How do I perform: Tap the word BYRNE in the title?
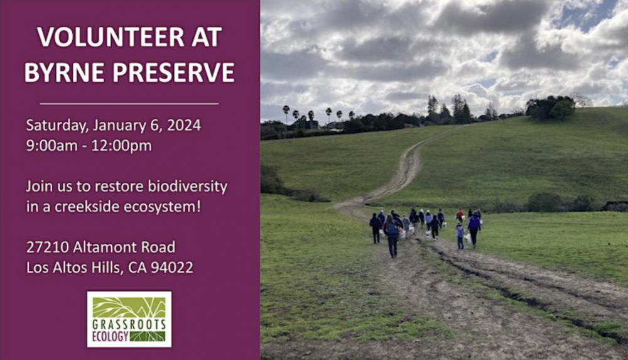63,72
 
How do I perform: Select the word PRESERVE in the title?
173,72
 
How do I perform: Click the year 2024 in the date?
184,125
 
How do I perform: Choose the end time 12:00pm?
121,146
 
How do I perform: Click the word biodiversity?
187,187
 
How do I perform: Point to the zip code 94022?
171,268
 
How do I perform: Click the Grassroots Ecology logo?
129,319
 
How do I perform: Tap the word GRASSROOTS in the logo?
129,325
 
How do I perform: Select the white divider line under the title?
129,104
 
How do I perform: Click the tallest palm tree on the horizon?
286,114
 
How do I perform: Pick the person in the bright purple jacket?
474,228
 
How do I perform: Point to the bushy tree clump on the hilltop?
550,107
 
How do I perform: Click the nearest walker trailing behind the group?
391,236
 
